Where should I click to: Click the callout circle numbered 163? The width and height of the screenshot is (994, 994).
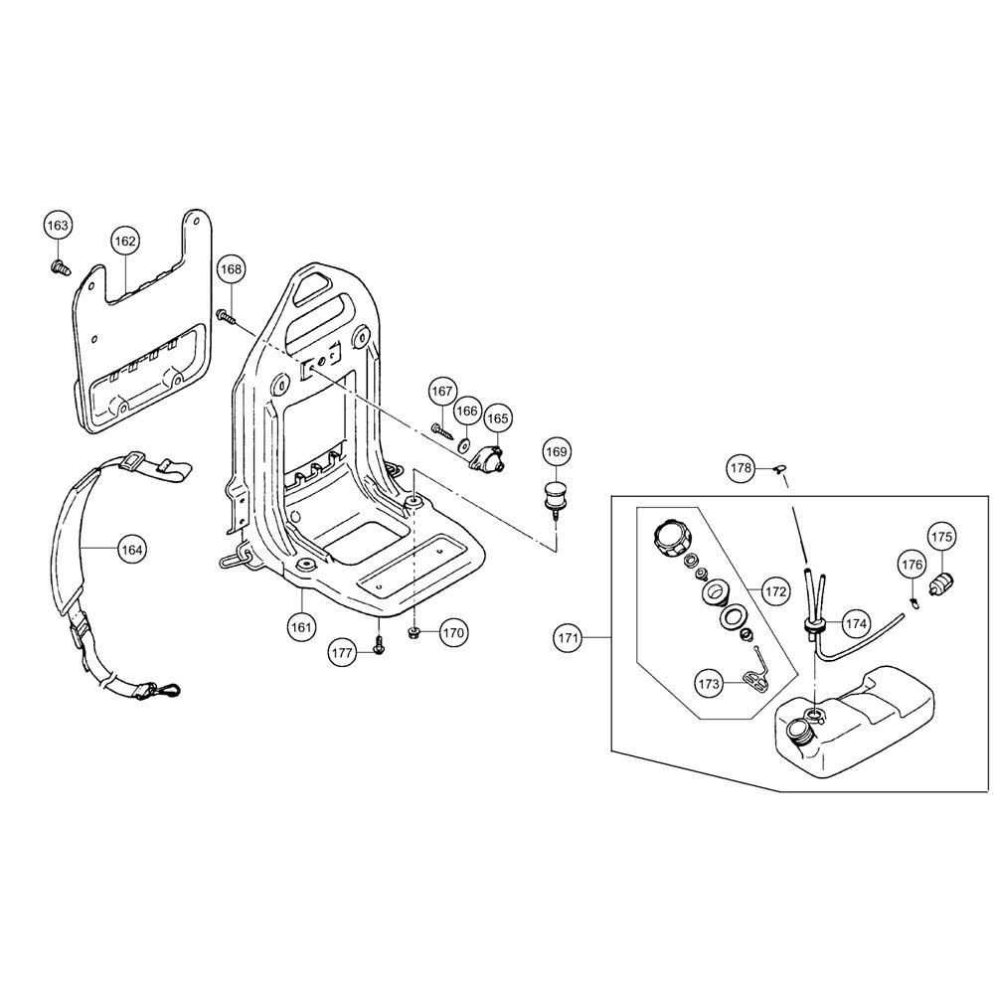pos(57,225)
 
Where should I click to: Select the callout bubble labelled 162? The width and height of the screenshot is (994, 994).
pos(125,241)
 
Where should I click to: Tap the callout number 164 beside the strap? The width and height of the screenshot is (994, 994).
pos(132,550)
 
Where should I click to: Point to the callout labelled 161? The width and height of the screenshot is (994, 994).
pos(301,627)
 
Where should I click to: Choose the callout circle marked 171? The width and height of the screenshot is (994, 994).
pos(568,638)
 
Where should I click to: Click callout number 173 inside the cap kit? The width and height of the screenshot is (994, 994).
pos(709,684)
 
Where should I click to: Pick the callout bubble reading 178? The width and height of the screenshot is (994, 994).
pos(741,468)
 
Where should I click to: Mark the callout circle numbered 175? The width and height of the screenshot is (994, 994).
pos(941,537)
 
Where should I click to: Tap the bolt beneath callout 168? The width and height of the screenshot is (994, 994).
pos(227,316)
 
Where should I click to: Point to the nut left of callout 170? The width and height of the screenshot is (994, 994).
pos(414,633)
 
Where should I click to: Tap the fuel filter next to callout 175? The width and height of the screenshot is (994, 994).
pos(940,581)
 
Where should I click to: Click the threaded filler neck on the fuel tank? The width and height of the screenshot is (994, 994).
pos(797,733)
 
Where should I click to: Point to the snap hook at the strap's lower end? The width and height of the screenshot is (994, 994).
pos(166,689)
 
